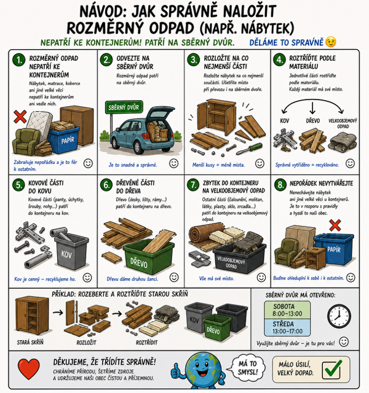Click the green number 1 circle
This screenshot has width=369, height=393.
(19, 60)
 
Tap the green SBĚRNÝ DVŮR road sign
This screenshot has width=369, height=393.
(124, 107)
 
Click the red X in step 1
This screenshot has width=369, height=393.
(20, 117)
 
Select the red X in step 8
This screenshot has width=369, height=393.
(335, 225)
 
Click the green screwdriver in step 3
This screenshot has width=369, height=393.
(249, 149)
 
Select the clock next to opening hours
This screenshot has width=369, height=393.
(339, 316)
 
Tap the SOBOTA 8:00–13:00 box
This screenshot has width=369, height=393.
(287, 310)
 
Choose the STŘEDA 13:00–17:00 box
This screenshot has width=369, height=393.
(287, 327)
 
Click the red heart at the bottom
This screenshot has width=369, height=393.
(29, 368)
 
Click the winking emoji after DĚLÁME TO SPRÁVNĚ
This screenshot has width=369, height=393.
(331, 42)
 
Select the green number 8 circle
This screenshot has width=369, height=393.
(280, 185)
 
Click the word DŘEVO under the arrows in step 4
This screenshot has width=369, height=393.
(313, 121)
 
